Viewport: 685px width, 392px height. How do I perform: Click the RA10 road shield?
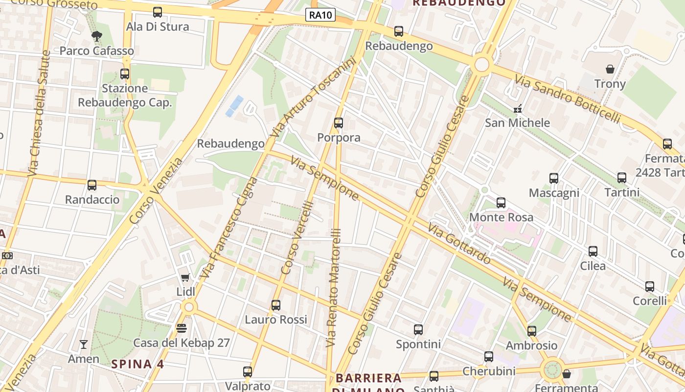tap(321, 15)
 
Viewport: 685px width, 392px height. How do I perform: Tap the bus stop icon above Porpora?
tap(338, 123)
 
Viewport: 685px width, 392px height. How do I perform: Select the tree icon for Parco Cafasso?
tap(97, 36)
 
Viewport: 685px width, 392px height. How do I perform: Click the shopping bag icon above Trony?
tap(610, 69)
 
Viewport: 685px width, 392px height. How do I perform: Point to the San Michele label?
tap(517, 122)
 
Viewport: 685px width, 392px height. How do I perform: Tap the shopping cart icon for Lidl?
tap(185, 278)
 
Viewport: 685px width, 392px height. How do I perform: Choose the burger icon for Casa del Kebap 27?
tap(182, 328)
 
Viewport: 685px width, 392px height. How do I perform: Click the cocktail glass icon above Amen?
tap(84, 344)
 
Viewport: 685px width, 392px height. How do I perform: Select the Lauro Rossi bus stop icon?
tap(276, 305)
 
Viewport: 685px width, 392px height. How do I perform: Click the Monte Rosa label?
tap(501, 217)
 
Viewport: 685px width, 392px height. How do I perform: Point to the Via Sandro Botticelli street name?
tap(567, 99)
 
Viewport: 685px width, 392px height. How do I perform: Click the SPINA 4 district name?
tap(137, 364)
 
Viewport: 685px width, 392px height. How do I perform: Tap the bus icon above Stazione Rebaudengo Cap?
tap(125, 74)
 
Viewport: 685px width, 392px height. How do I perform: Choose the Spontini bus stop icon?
tap(418, 330)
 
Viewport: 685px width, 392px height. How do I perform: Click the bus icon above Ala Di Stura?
tap(158, 12)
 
